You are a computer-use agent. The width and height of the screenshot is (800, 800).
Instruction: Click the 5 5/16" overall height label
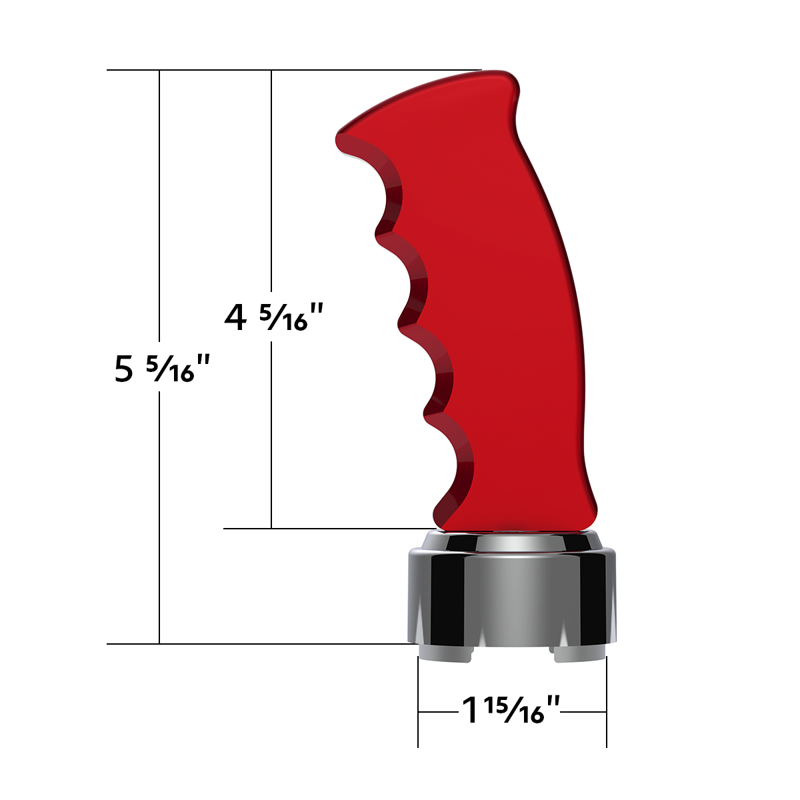click(x=162, y=368)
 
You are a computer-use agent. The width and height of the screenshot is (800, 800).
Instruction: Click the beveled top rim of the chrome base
click(x=512, y=541)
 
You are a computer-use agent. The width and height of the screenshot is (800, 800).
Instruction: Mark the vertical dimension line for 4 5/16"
click(x=271, y=200)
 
